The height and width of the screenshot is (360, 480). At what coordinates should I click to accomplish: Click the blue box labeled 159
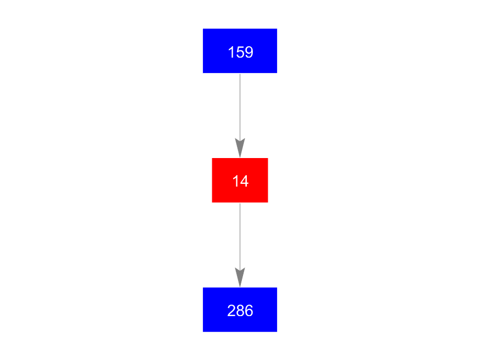240,51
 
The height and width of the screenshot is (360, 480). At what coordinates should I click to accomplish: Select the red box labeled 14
240,181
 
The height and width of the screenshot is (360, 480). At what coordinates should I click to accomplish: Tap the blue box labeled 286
240,310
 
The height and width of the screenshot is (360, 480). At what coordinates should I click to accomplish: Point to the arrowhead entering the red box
240,148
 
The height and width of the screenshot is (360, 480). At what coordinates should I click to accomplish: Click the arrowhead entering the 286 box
240,277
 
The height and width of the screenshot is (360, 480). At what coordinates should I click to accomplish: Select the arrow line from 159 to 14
240,116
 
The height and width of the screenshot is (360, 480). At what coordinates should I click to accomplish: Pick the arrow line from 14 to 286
240,245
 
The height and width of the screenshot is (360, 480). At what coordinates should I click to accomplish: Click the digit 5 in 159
241,52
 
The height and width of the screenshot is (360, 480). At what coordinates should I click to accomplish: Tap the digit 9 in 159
249,52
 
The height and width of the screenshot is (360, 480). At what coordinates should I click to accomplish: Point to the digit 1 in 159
231,52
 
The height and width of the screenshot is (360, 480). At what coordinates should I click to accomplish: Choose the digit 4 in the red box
244,181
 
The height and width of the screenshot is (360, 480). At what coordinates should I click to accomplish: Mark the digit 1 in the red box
235,181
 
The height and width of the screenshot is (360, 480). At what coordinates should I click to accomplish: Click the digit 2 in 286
231,311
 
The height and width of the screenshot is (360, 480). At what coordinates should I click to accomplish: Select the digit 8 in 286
240,311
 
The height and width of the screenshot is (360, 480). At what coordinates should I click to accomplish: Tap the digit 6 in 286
249,311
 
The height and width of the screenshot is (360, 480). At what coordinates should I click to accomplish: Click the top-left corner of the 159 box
203,29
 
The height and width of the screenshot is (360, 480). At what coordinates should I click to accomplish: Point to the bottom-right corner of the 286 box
277,332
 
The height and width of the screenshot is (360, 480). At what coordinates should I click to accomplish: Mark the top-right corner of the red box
268,158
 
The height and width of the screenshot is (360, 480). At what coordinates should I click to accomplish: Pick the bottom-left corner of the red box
212,203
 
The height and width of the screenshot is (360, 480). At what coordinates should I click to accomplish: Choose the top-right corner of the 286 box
277,288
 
